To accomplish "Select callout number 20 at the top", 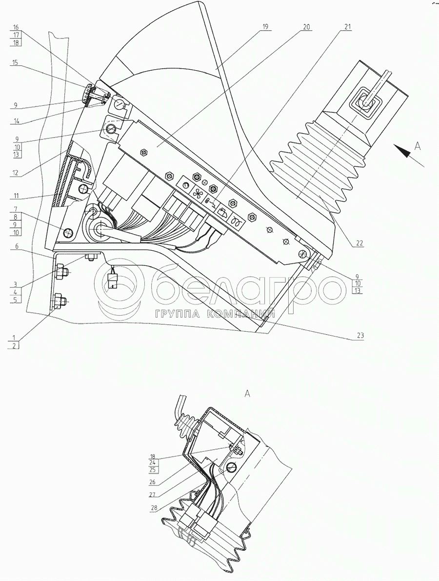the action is point(306,27).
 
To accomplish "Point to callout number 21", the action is point(347,27).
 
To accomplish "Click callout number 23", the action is point(360,335).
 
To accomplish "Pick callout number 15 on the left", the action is point(16,63).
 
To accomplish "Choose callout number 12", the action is point(16,172).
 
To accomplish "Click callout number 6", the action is point(16,247).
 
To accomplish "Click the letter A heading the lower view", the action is point(247,394).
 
